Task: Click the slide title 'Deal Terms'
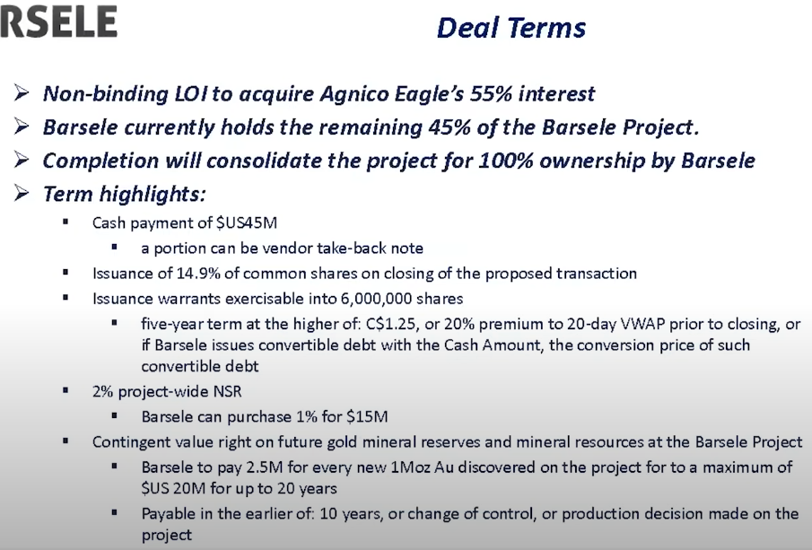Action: pos(511,28)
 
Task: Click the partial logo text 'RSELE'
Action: pos(58,22)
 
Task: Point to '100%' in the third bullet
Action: pos(505,161)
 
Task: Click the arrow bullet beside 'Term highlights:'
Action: pos(22,193)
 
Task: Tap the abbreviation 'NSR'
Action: pos(227,391)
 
